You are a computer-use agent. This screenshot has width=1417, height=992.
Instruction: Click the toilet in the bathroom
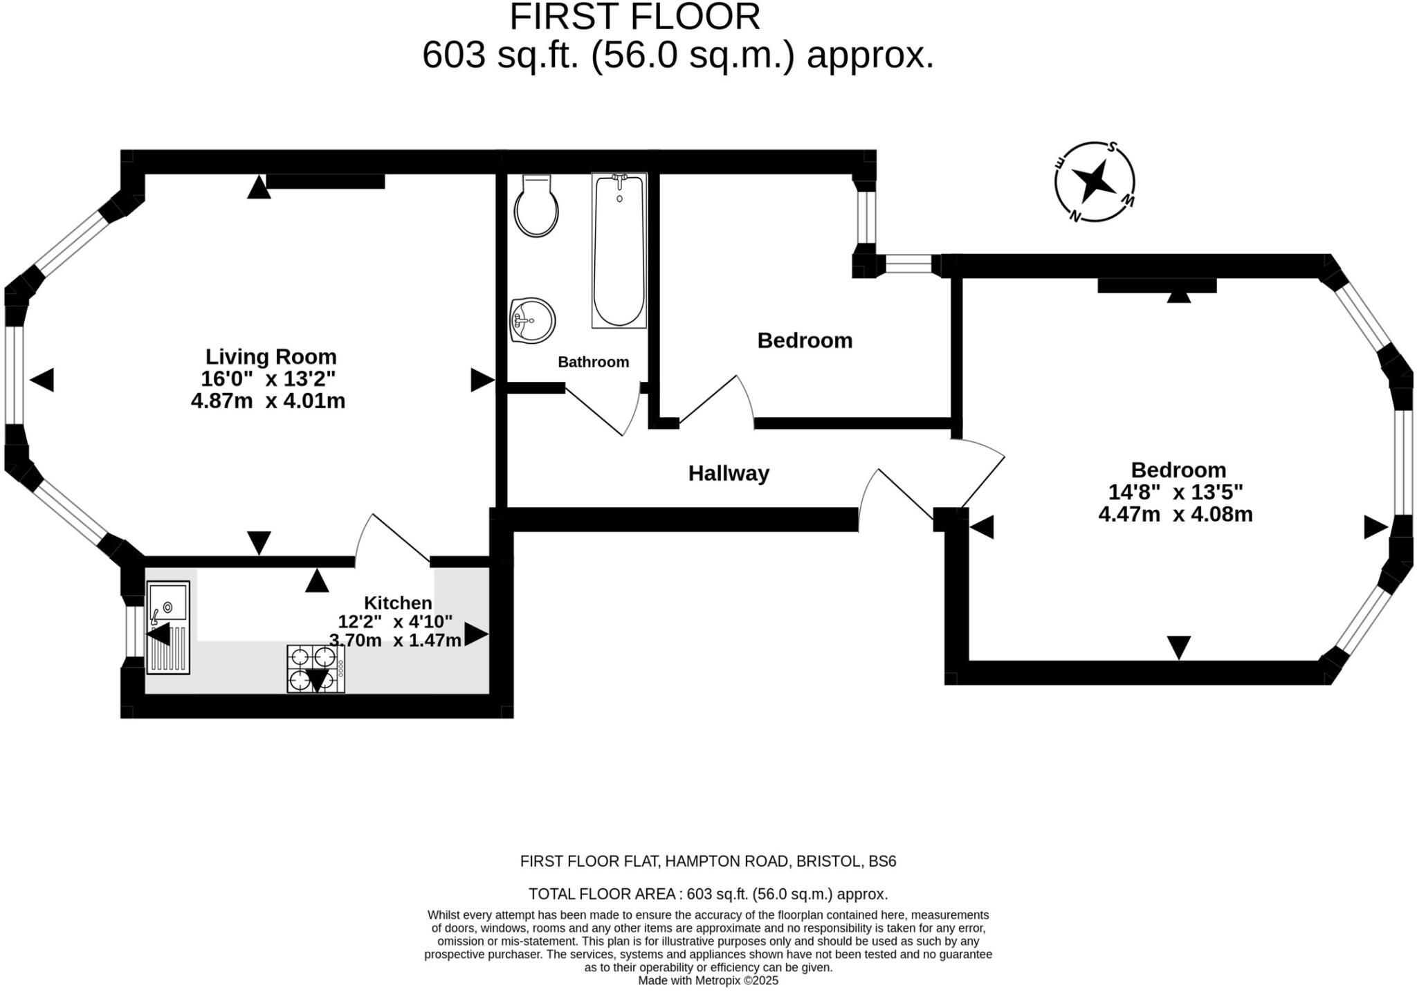click(536, 205)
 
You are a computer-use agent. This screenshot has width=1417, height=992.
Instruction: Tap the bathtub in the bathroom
click(619, 250)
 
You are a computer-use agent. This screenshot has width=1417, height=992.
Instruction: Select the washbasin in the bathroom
click(532, 320)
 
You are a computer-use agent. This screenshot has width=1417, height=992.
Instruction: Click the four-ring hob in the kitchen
click(316, 669)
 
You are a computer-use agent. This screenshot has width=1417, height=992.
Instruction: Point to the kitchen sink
click(168, 627)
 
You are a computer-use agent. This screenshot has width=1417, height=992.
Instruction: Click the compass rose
click(1095, 182)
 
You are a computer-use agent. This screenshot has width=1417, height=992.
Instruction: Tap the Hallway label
click(729, 473)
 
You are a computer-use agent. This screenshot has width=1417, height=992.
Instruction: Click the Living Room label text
click(271, 356)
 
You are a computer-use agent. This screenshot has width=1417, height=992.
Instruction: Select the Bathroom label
click(594, 362)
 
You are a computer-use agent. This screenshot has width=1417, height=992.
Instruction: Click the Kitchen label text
click(399, 603)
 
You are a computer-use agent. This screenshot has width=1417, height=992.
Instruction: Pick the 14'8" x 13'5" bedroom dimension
click(1176, 492)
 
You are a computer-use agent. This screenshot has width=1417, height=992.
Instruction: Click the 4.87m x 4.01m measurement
click(268, 401)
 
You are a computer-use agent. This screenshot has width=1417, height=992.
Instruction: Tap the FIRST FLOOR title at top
click(635, 17)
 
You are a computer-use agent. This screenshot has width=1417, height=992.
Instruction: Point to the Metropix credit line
click(708, 980)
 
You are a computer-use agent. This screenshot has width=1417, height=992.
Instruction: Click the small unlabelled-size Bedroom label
click(805, 340)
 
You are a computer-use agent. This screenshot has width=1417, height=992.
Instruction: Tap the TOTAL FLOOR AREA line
click(708, 894)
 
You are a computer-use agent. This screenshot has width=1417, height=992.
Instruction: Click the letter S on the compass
click(1112, 147)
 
